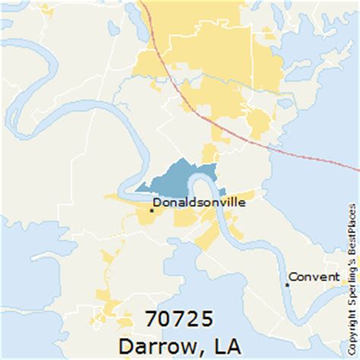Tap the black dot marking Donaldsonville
pos(151,210)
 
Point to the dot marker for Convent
pos(287,284)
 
